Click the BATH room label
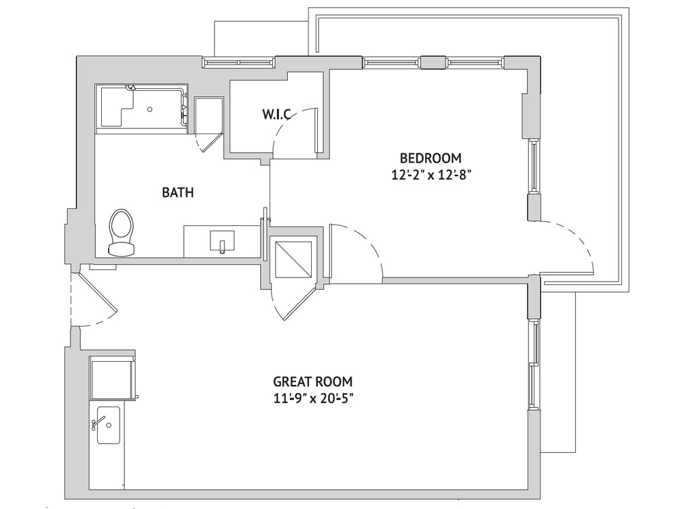177,192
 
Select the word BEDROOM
430,157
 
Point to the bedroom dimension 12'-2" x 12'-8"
430,175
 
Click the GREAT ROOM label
312,381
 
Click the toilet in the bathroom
122,232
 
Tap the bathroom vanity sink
222,241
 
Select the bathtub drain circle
150,109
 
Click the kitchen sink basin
108,425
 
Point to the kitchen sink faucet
98,423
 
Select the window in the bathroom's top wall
238,62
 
